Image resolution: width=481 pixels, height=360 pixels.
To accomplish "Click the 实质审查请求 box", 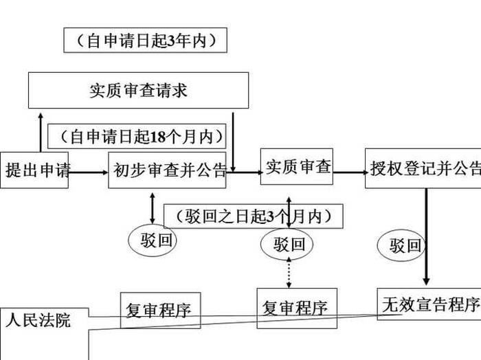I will tap(138, 90).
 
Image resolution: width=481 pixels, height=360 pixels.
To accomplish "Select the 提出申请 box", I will tap(34, 170).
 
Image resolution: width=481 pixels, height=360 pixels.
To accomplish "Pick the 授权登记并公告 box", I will tap(423, 168).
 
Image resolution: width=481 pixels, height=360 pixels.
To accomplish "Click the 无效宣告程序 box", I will tap(429, 304).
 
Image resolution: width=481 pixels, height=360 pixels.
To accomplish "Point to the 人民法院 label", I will tap(38, 319).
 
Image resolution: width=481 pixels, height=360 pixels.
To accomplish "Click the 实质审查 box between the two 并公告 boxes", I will tap(298, 166).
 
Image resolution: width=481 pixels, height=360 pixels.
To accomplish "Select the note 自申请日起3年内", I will tap(146, 41).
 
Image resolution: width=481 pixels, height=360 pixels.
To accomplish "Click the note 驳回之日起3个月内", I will tap(253, 217).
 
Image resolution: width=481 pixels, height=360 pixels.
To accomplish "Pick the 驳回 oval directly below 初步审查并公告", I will tap(153, 240).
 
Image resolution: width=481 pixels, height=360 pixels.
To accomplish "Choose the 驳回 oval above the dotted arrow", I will tap(289, 244).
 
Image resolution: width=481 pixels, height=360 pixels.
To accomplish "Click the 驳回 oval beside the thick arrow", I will tap(405, 245).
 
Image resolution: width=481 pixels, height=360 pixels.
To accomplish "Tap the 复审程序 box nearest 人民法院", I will tap(160, 311).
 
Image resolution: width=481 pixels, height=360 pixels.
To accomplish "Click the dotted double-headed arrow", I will tap(289, 273).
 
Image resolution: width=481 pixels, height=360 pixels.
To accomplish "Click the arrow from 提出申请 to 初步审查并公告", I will tap(88, 172).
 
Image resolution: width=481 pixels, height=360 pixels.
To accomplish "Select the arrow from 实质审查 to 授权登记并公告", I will tap(349, 172).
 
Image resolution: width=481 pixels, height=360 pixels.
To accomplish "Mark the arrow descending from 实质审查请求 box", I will tap(234, 141).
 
